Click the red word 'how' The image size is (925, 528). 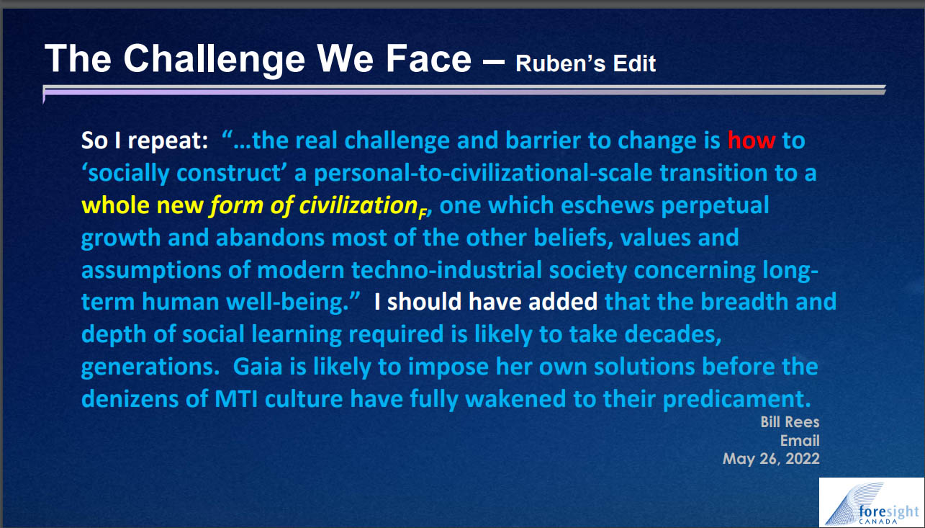751,140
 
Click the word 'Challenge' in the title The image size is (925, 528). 214,60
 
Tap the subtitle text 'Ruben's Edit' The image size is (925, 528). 585,63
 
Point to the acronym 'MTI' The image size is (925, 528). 236,399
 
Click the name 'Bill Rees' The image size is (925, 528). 790,422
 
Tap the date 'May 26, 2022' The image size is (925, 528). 771,459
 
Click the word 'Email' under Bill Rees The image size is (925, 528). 800,440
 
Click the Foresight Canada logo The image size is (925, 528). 871,502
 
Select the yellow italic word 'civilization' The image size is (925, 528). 358,205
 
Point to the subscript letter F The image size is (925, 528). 423,214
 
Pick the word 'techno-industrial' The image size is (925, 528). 446,270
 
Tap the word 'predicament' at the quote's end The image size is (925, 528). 734,400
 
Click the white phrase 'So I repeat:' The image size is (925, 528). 145,141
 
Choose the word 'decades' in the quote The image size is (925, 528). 673,334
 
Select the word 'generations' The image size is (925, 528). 150,367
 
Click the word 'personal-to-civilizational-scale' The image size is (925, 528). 483,173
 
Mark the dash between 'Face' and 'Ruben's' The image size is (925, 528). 494,62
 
